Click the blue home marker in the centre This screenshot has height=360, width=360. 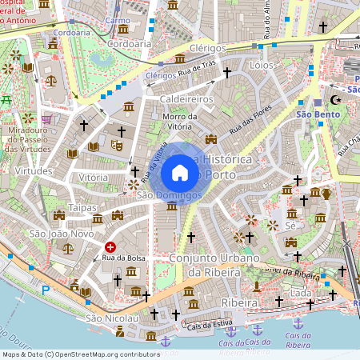[180, 173]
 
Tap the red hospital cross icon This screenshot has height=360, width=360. [110, 248]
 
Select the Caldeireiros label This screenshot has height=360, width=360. [186, 98]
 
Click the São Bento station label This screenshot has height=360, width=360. [314, 114]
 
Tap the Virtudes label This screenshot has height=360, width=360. [34, 170]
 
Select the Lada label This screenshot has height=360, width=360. [302, 294]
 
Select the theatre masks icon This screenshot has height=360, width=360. [116, 146]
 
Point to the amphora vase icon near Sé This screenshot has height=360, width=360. [326, 193]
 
